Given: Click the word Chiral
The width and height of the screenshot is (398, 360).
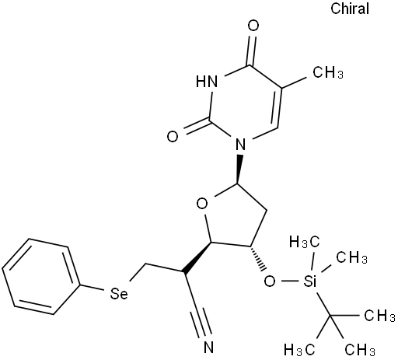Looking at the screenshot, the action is coord(350,9).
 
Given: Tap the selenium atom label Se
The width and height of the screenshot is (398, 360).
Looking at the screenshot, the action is coord(119,294).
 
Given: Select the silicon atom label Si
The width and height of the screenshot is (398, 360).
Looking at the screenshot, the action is coord(310,281).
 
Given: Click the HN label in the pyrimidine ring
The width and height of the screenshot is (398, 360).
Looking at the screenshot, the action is coord(207,82).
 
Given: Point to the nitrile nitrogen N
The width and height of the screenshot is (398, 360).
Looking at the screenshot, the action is coord(208,348).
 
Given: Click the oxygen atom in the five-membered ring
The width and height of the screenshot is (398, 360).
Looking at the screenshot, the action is coord(202,204).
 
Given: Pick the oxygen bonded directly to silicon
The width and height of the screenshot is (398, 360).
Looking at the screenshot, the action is coord(270,281).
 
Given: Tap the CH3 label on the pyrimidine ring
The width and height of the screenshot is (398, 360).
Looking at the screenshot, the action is coord(328,72).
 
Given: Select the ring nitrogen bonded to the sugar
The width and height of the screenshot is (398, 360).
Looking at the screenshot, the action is coord(240,145).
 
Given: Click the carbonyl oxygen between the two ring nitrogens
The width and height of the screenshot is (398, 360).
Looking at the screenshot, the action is coord(173,137).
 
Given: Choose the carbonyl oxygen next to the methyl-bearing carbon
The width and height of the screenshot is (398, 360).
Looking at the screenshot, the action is coord(253,26).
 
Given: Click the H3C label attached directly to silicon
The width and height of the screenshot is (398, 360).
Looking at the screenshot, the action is coord(304,243).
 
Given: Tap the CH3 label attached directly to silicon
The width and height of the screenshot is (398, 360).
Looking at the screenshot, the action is coord(352,257).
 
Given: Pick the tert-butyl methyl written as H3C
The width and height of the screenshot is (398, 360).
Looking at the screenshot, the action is coord(299,350).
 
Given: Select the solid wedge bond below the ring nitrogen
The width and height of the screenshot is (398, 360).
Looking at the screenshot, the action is coord(239,170).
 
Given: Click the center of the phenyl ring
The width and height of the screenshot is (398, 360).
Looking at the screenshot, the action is coord(41,277).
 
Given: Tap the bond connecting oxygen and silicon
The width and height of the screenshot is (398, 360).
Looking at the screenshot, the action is coord(289,281).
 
